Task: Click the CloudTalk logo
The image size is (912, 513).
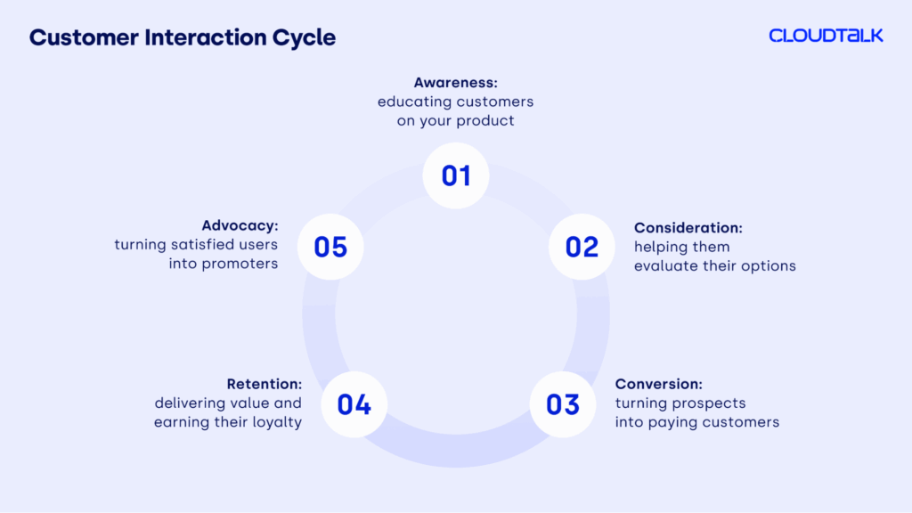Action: coord(826,36)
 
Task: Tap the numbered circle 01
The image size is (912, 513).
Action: coord(456,175)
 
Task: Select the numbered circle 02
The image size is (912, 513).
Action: coord(582,247)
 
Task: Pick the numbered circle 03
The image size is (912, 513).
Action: coord(563,404)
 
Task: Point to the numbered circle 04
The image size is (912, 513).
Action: coord(354,404)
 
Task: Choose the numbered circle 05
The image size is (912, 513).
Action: coord(330,247)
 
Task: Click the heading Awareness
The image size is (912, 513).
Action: coord(455,83)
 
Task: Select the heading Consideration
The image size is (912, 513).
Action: coord(688,227)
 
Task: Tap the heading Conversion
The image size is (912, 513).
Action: coord(659,384)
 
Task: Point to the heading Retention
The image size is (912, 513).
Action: coord(265,384)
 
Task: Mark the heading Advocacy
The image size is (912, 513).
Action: coord(240,225)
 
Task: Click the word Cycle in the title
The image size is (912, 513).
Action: coord(305,37)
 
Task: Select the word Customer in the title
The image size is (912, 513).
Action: coord(84,37)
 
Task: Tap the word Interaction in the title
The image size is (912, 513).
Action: coord(206,37)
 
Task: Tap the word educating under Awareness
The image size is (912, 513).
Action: coord(414,102)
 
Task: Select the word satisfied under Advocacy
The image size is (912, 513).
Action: coord(203,244)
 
